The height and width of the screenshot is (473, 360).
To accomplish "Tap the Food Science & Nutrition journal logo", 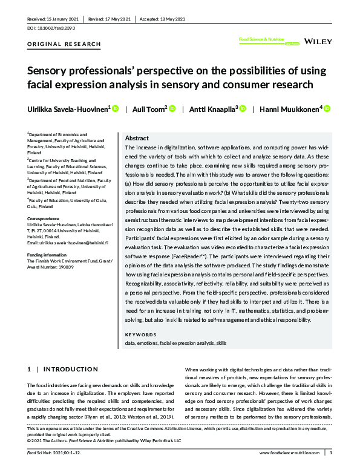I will pos(261,40).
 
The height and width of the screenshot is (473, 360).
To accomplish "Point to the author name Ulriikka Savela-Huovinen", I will pos(68,109).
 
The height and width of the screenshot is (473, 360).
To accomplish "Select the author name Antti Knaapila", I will pos(215,109).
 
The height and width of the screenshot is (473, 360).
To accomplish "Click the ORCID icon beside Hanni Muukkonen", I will pos(327,109).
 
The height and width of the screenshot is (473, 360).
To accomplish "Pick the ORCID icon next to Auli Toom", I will pos(172,109).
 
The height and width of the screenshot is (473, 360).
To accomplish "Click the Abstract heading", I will pos(137,138).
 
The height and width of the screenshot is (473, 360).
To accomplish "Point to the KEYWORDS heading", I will pos(140,334).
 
